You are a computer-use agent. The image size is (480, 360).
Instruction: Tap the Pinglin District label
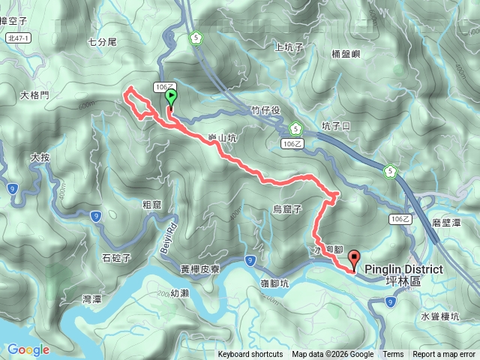coord(403,269)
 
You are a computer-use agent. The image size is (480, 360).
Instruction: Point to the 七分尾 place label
coord(102,42)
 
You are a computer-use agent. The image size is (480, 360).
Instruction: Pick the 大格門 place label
coord(34,95)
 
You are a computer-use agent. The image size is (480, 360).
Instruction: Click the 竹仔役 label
coord(265,110)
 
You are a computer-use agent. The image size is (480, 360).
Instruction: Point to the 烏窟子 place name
coord(286,209)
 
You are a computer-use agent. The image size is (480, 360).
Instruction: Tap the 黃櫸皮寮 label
coord(199,268)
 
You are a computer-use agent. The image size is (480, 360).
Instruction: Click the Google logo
coord(28,349)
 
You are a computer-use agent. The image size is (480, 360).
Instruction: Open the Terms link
coord(393,355)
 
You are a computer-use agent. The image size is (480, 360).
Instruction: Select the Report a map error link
coord(444,355)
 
